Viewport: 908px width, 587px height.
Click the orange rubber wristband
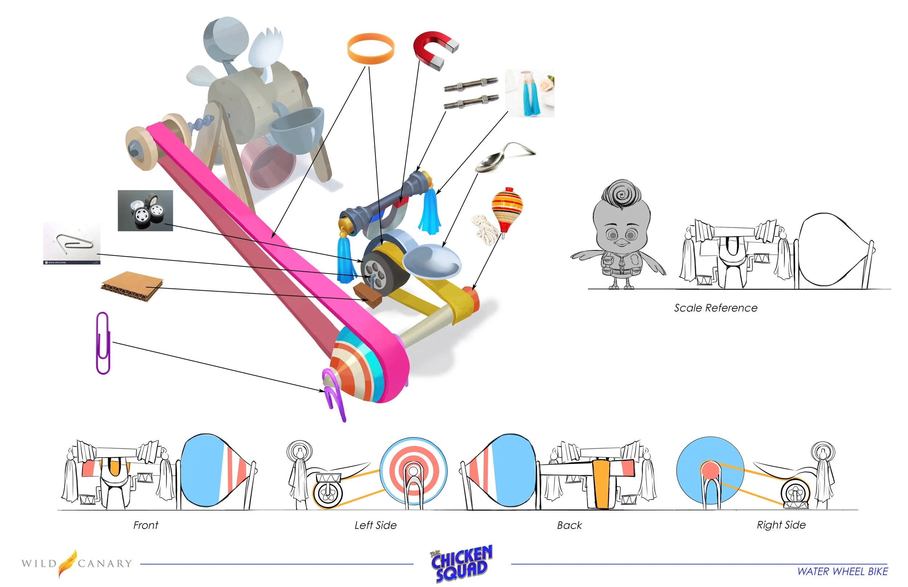coord(370,49)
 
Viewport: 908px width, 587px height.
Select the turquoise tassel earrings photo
coord(530,93)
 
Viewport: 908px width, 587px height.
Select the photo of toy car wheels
coord(145,211)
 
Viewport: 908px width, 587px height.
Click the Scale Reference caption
coord(716,308)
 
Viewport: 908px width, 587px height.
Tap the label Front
coord(145,525)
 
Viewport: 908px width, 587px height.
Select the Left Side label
coord(376,525)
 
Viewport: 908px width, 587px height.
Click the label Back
coord(569,525)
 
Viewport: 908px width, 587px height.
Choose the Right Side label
coord(781,525)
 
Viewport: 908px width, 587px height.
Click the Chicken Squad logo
coord(462,563)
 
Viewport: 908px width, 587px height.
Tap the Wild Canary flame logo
coord(68,563)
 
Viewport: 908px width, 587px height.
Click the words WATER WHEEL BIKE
coord(842,572)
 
